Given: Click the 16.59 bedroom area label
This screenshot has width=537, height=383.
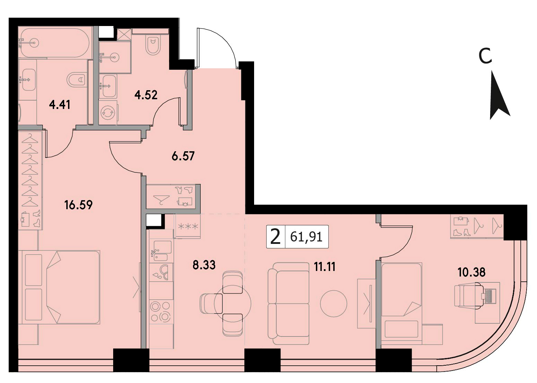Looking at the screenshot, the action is pos(78,205).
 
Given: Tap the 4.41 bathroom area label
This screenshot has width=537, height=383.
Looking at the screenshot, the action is pos(60,105).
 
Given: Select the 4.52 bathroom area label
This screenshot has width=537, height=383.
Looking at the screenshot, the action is pos(146,95).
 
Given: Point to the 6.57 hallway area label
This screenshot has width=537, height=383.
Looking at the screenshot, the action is pos(183,156).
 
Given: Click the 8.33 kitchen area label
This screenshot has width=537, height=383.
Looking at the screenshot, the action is pos(204,265).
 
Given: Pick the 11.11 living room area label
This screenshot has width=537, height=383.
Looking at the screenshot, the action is pos(325,266).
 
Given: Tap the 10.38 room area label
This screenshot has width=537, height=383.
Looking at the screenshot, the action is pos(471,272).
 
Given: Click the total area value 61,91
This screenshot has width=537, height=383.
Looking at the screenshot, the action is pos(306,237).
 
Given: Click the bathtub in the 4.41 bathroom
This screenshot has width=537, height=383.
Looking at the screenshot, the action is pos(55,43).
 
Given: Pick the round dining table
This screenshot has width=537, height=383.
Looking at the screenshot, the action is pos(232,304).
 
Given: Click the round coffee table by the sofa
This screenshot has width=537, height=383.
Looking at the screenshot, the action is pos(334,304).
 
